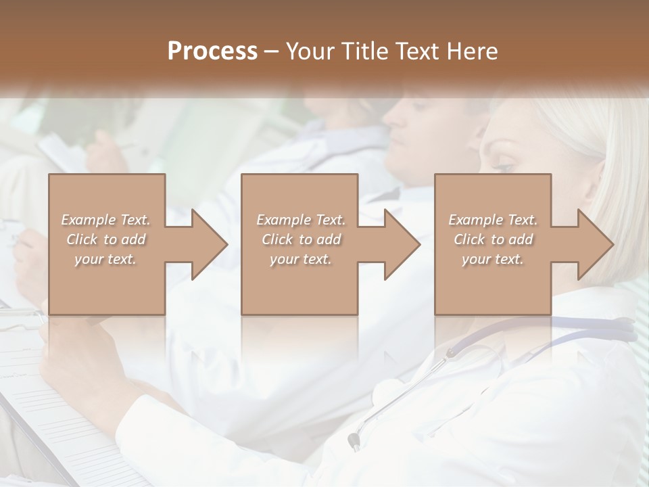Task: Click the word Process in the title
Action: pyautogui.click(x=212, y=51)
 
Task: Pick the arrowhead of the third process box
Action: pyautogui.click(x=595, y=244)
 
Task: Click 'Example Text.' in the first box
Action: pyautogui.click(x=105, y=220)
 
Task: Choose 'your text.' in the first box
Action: pyautogui.click(x=105, y=259)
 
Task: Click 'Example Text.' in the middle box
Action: pyautogui.click(x=301, y=220)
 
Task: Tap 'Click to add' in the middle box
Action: pyautogui.click(x=301, y=239)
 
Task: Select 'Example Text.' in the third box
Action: pyautogui.click(x=493, y=220)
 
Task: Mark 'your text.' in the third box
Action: pyautogui.click(x=493, y=259)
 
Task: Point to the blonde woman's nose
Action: pyautogui.click(x=485, y=177)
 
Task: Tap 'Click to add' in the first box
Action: pyautogui.click(x=105, y=239)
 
